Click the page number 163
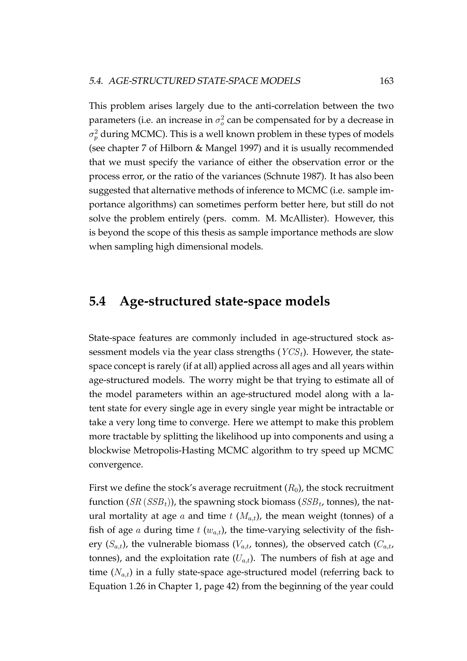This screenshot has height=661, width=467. click(x=386, y=81)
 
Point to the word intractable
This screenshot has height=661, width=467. click(x=358, y=409)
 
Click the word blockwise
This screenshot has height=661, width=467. click(x=109, y=451)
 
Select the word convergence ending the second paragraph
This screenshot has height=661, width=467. click(x=116, y=465)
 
